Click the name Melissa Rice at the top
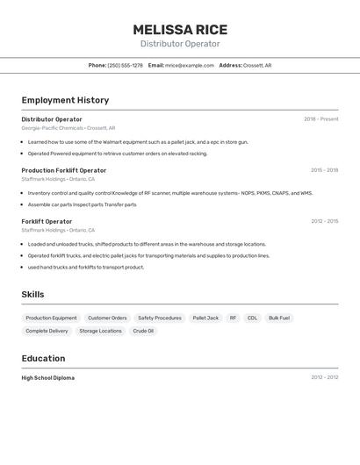179,29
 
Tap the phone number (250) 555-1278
126,65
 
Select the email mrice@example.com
190,65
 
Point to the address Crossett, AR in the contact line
257,65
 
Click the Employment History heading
65,100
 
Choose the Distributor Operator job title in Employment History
52,119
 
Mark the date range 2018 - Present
320,119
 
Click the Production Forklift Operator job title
64,170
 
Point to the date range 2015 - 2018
324,170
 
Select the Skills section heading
32,295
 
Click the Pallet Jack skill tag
205,318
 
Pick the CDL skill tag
252,318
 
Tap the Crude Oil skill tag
143,331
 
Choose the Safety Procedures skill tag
160,318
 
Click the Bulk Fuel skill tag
279,318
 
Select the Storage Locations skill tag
100,331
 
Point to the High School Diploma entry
48,378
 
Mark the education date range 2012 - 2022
324,378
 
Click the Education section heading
43,358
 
